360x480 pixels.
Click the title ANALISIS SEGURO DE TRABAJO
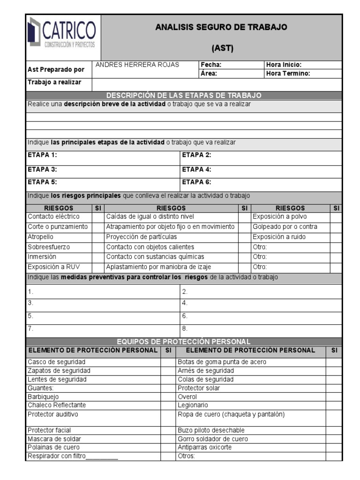click(221, 27)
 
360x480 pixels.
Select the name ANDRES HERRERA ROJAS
click(137, 65)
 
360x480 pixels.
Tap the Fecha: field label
click(211, 65)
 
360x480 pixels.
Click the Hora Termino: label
click(288, 74)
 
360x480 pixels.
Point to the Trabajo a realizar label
click(54, 82)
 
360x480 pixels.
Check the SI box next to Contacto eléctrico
click(97, 217)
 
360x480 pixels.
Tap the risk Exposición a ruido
click(279, 237)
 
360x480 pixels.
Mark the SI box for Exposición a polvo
click(336, 217)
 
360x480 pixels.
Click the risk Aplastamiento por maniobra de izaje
click(158, 267)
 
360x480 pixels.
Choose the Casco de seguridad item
click(57, 362)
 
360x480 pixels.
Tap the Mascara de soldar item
click(54, 439)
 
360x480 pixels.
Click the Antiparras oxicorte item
click(205, 447)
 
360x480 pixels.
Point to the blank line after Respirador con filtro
click(102, 456)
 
